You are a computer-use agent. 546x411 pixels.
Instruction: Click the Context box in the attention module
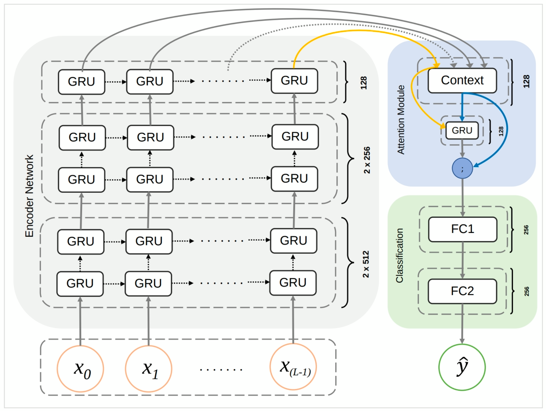pyautogui.click(x=462, y=80)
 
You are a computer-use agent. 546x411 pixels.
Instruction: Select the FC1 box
pyautogui.click(x=462, y=229)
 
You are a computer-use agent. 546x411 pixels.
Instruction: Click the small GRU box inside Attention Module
pyautogui.click(x=462, y=130)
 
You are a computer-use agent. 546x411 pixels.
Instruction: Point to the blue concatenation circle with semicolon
pyautogui.click(x=462, y=168)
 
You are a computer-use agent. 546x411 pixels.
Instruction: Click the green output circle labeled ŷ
pyautogui.click(x=462, y=367)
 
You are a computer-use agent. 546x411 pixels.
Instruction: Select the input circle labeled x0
pyautogui.click(x=80, y=369)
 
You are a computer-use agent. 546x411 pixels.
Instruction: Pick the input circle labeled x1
pyautogui.click(x=149, y=369)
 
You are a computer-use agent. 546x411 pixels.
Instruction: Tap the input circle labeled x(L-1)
pyautogui.click(x=293, y=367)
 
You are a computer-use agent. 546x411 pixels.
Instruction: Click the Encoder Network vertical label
pyautogui.click(x=29, y=196)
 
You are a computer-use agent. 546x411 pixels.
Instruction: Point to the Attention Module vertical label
pyautogui.click(x=401, y=120)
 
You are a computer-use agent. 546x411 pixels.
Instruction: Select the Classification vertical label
pyautogui.click(x=399, y=255)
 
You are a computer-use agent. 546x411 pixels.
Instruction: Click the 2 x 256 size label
pyautogui.click(x=366, y=160)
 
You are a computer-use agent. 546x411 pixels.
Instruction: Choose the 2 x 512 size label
pyautogui.click(x=366, y=264)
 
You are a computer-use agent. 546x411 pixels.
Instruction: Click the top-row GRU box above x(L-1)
pyautogui.click(x=294, y=80)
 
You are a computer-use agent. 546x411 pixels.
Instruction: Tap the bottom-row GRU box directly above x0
pyautogui.click(x=80, y=283)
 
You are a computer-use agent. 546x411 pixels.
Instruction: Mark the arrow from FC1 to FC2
pyautogui.click(x=462, y=260)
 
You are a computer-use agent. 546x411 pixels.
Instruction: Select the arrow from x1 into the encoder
pyautogui.click(x=148, y=321)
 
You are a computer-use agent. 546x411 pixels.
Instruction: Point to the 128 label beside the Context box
pyautogui.click(x=526, y=81)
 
